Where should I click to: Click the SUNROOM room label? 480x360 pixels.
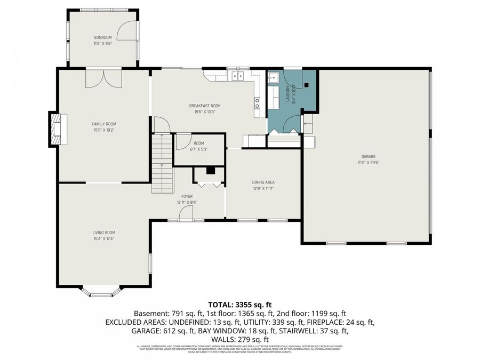[103, 37]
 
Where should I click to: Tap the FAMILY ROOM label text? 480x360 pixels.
[104, 124]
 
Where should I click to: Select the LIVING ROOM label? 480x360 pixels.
[103, 233]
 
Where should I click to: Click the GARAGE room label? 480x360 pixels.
[365, 157]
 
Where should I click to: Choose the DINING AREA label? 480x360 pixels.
[263, 182]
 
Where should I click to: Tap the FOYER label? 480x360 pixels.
[187, 197]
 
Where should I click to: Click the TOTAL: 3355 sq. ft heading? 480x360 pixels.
[239, 305]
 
